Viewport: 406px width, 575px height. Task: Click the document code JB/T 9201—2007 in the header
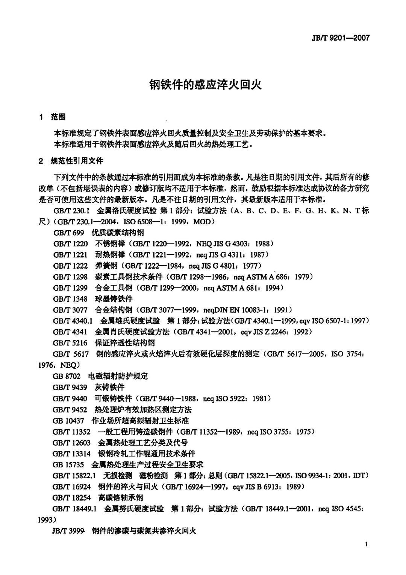(x=341, y=38)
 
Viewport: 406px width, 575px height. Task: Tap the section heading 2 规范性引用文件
(x=71, y=161)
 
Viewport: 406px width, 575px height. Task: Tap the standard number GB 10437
(x=68, y=420)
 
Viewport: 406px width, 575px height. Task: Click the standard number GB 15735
(x=68, y=464)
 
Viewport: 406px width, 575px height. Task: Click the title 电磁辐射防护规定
(x=118, y=376)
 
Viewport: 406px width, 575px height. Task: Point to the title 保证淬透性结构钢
(x=124, y=343)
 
